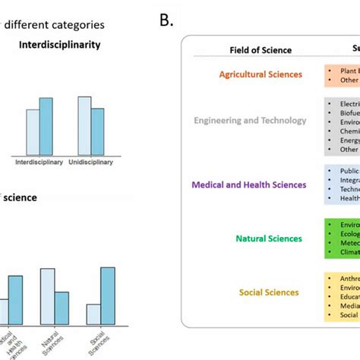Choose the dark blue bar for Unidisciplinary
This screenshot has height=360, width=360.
click(97, 132)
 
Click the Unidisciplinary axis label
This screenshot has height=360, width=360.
click(91, 163)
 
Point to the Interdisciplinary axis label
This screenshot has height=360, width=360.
click(39, 163)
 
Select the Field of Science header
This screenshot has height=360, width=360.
click(261, 50)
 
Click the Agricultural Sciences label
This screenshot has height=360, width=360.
click(260, 74)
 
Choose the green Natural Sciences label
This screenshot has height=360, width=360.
click(268, 238)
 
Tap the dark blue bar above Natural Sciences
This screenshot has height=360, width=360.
click(62, 308)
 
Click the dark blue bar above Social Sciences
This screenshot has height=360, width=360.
click(107, 295)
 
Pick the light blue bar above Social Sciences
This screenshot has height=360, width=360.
click(93, 314)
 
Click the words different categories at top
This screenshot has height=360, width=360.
click(54, 25)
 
